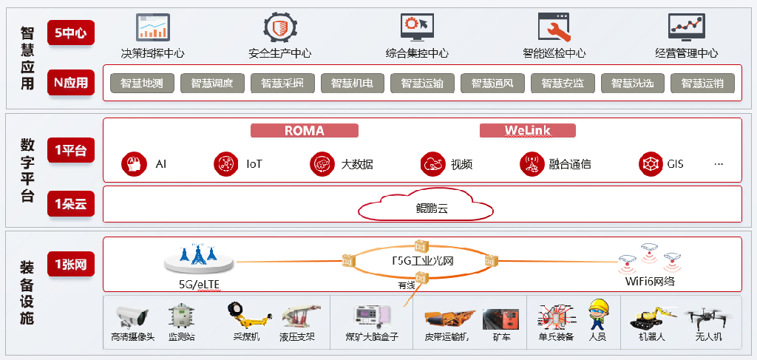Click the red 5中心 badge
coord(70,33)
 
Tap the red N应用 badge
coord(70,83)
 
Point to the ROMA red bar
coord(305,131)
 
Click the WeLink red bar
coord(527,131)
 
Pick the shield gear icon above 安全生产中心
coord(280,27)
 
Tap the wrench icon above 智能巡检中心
coord(554,27)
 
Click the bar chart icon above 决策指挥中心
coord(152,27)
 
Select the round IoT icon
coord(225,163)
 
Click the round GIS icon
coord(651,163)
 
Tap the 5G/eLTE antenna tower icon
coord(197,256)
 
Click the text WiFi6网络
coord(650,282)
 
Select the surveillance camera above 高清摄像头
coord(132,316)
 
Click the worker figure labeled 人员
coord(597,315)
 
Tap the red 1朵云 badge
coord(70,204)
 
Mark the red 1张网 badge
coord(70,264)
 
